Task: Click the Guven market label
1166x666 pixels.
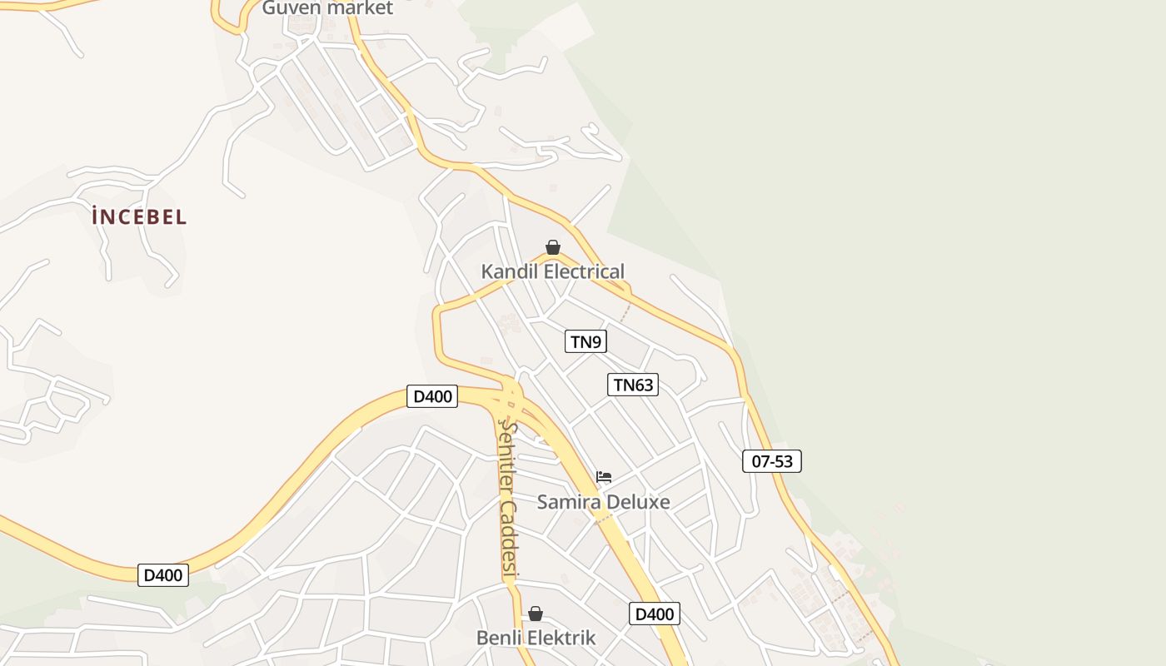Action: coord(327,8)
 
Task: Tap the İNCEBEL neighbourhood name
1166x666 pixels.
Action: coord(139,217)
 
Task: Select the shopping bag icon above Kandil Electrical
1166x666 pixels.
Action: coord(552,247)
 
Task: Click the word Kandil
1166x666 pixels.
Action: coord(509,271)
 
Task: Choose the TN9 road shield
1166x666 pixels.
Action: coord(585,341)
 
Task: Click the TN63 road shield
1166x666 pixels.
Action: coord(633,385)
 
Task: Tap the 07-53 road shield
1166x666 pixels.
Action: coord(772,461)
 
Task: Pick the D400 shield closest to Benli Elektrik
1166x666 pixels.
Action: coord(655,614)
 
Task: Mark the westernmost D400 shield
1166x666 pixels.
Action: coord(163,574)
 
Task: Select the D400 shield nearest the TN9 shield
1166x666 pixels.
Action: coord(433,396)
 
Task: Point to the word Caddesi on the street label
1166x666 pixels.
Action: coord(510,539)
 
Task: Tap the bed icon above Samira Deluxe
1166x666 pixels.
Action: coord(604,477)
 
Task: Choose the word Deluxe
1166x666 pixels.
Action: coord(637,502)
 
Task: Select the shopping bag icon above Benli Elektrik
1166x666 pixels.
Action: coord(536,614)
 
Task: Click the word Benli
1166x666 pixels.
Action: coord(498,639)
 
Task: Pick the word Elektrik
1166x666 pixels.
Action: coord(560,639)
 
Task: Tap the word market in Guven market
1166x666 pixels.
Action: coord(360,8)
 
